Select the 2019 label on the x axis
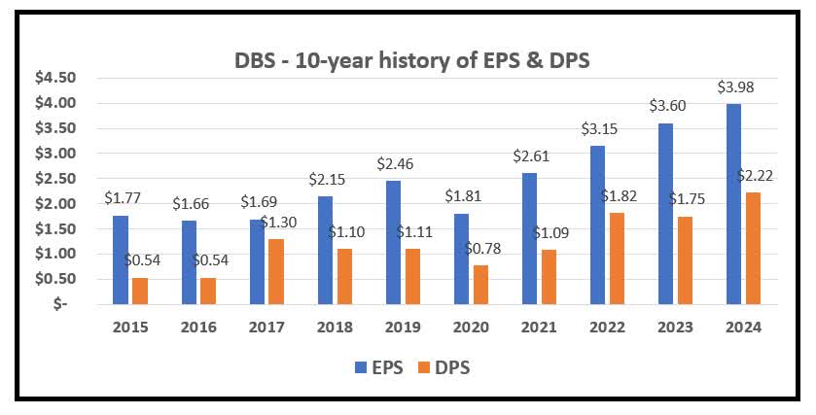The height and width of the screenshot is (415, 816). (x=403, y=328)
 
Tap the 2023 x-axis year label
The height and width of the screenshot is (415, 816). (x=674, y=328)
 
